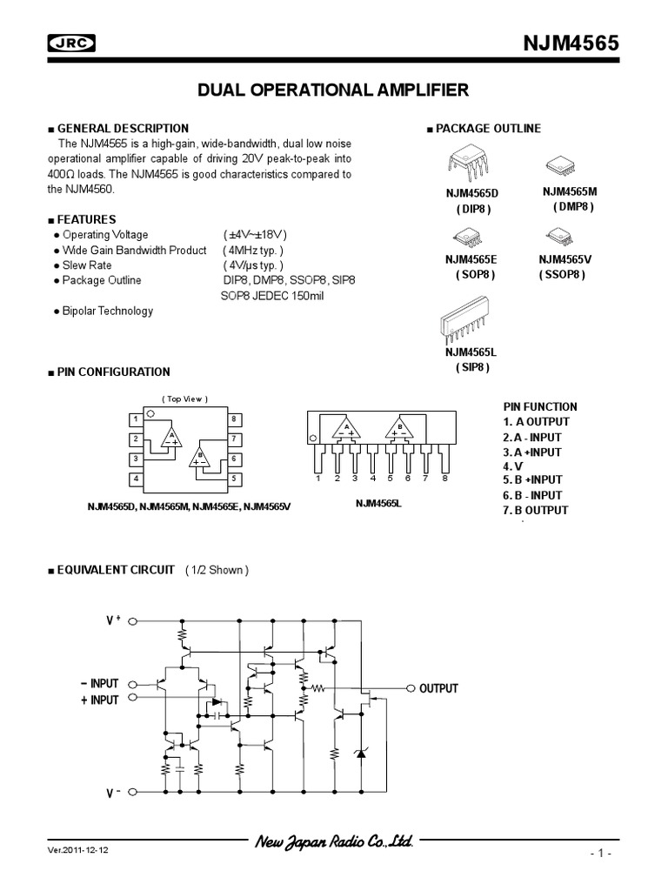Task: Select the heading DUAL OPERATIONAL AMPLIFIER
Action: [x=333, y=90]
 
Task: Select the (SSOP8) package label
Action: [x=561, y=274]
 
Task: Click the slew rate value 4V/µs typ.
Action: [x=252, y=265]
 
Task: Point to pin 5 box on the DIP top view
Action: [x=234, y=479]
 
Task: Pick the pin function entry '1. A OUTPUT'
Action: [x=537, y=422]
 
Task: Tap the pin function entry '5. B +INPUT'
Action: [x=532, y=479]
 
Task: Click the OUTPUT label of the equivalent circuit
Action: [x=438, y=688]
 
